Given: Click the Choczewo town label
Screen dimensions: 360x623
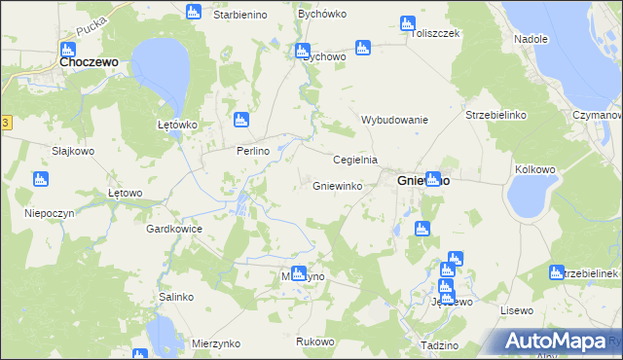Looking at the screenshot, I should click(89, 60).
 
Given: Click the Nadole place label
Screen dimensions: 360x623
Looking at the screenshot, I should click(531, 39).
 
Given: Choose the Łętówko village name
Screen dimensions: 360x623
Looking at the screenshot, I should click(177, 126).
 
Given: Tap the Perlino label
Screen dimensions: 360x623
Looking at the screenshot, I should click(251, 152).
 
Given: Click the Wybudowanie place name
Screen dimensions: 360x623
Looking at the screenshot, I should click(395, 120).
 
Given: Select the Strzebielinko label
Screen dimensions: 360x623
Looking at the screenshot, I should click(495, 115).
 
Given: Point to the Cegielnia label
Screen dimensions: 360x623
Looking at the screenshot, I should click(354, 160).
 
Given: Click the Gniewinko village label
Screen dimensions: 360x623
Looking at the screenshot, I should click(338, 185).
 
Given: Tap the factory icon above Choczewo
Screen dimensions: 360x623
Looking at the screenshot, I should click(67, 49).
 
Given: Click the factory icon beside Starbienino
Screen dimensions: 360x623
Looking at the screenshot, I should click(193, 13).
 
